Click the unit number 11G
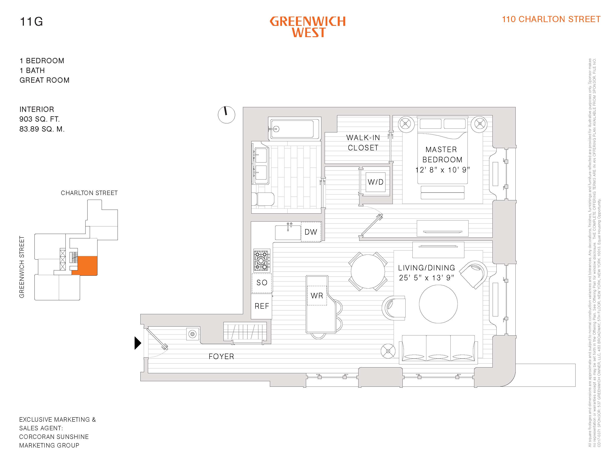tap(31, 22)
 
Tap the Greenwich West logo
tap(308, 27)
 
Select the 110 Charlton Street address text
tap(551, 19)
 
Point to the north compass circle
tap(226, 115)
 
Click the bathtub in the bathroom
tap(294, 129)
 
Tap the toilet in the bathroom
tap(263, 199)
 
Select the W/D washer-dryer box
tap(375, 182)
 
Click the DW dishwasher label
tap(311, 232)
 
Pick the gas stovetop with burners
tap(261, 260)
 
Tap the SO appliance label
tap(262, 283)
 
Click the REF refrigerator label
tap(262, 306)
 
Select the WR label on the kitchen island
tap(317, 295)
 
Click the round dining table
tap(368, 271)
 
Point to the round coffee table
tap(438, 304)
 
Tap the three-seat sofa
tap(438, 349)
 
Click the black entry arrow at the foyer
tap(137, 343)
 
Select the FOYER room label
tap(221, 356)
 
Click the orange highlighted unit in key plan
tap(87, 266)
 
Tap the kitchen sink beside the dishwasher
tap(288, 232)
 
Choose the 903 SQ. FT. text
tap(39, 119)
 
